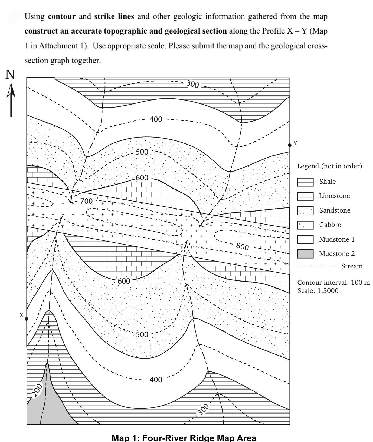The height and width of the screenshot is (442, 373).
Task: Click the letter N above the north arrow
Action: [10, 75]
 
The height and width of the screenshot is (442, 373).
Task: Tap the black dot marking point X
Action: [27, 319]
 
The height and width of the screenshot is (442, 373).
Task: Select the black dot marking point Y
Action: [290, 145]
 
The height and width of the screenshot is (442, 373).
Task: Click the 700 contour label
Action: [86, 201]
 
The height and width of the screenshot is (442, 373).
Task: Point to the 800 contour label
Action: [242, 246]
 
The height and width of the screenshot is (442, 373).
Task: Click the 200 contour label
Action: [38, 390]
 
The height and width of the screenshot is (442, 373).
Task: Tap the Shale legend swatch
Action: [305, 182]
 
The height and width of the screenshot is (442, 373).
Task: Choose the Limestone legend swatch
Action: [305, 196]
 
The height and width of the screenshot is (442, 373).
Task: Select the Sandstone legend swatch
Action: [305, 211]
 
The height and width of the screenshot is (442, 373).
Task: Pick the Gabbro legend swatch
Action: [305, 225]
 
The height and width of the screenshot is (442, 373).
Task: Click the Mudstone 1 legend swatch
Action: [305, 239]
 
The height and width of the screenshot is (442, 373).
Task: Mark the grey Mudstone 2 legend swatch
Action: [305, 254]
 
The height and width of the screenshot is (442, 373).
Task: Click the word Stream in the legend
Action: [352, 266]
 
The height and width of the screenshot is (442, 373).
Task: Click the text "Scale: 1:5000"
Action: [318, 291]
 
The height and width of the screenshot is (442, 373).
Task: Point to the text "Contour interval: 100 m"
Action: [333, 283]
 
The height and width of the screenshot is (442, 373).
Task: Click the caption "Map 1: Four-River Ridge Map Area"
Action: [184, 438]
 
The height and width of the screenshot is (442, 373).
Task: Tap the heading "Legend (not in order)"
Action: [329, 166]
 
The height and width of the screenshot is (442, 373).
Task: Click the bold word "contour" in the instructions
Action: [61, 16]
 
